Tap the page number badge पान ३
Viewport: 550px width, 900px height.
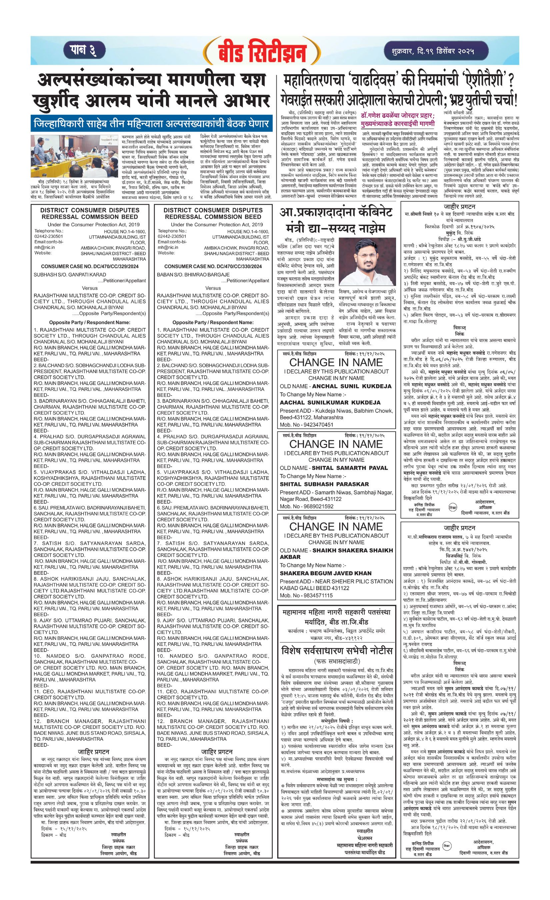click(84, 50)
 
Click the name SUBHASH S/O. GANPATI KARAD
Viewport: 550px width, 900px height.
click(70, 275)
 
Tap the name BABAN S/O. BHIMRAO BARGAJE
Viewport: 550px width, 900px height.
click(193, 275)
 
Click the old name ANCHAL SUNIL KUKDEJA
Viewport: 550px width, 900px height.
click(352, 386)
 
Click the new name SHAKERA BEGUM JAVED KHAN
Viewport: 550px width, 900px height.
click(325, 573)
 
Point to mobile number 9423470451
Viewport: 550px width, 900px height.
click(317, 425)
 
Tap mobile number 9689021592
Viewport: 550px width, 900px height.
click(317, 506)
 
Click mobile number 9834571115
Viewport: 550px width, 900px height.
click(317, 595)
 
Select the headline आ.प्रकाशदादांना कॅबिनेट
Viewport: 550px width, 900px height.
click(336, 212)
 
